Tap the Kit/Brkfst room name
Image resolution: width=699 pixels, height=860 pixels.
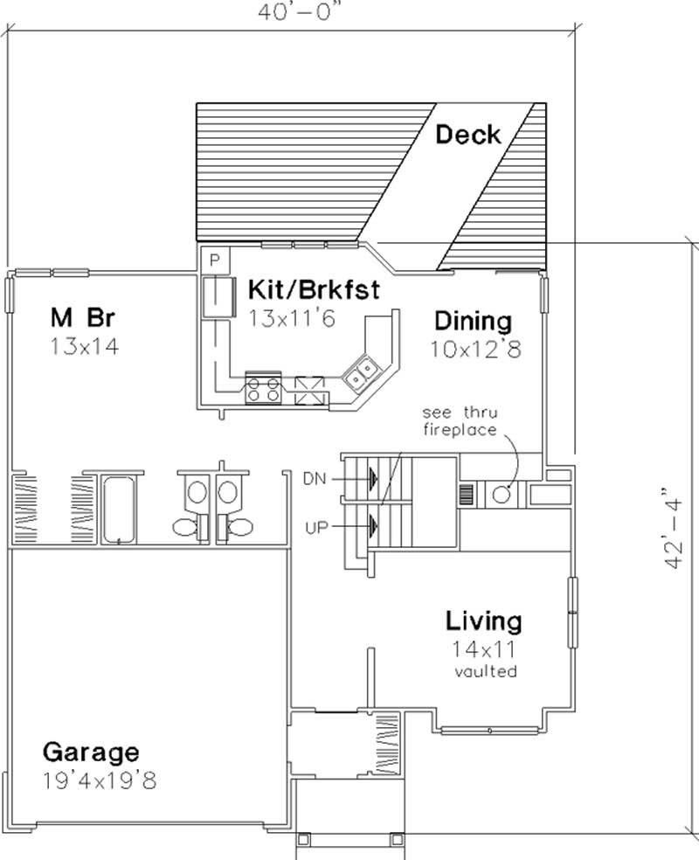(x=314, y=289)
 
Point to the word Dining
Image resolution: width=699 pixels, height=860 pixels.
(x=473, y=320)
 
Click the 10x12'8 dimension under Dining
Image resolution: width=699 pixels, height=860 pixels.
(x=475, y=350)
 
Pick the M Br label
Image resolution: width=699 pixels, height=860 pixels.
(x=84, y=316)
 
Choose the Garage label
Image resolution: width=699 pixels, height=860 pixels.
(x=91, y=752)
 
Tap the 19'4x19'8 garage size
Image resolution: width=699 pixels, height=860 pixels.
(x=99, y=780)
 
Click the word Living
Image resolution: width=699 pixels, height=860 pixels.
(x=484, y=621)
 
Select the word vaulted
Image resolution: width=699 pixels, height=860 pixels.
(x=486, y=671)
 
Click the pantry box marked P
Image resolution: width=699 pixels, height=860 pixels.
(x=215, y=260)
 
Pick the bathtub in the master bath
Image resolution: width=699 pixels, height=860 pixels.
(x=119, y=509)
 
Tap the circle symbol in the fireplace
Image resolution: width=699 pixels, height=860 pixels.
(x=501, y=494)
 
